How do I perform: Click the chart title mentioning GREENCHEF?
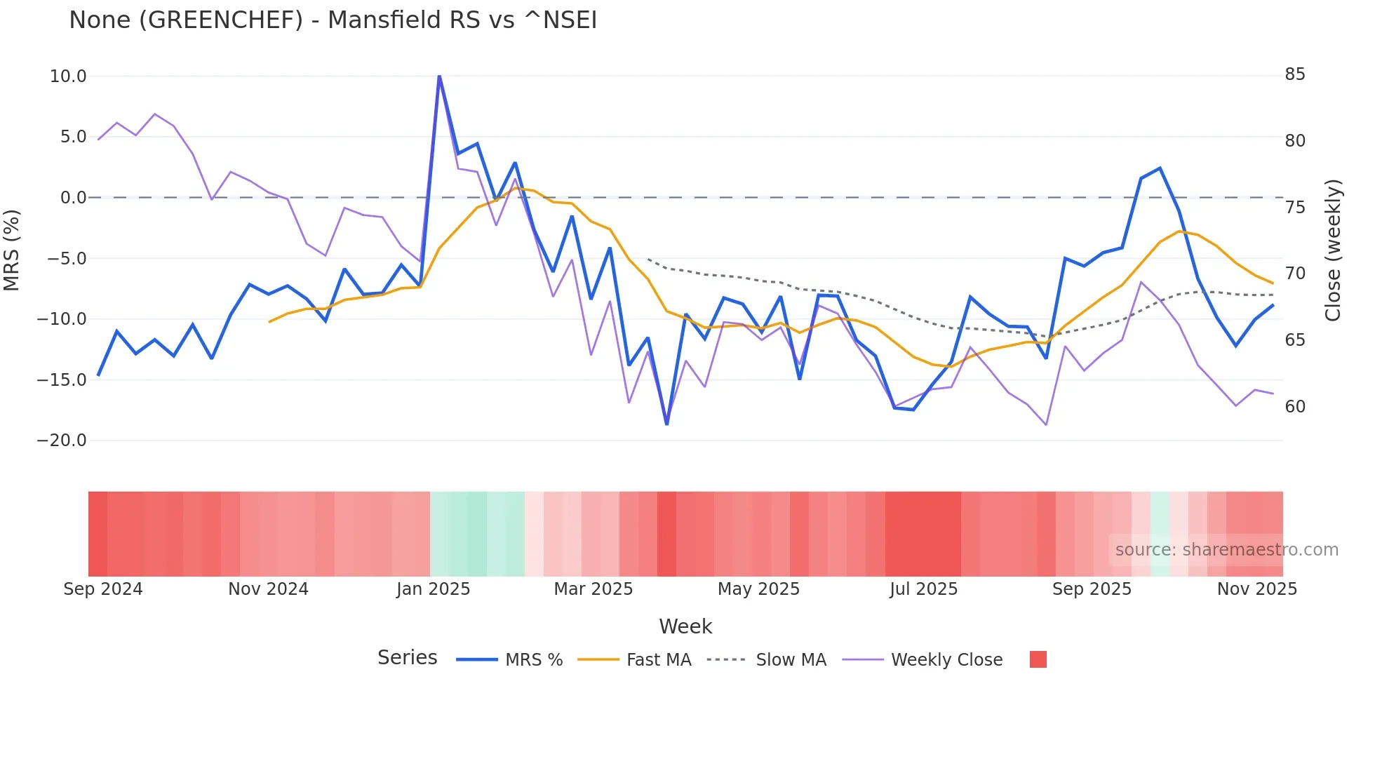(333, 20)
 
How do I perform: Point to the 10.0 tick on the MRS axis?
(68, 76)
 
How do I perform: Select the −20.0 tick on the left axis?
(62, 441)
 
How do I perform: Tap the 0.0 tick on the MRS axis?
(73, 198)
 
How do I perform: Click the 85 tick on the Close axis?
(1295, 74)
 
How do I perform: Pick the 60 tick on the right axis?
(1295, 407)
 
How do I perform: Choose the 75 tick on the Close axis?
(1295, 208)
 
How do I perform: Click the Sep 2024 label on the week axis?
(103, 589)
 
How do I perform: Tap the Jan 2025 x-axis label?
(433, 589)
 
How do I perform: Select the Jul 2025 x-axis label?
(923, 589)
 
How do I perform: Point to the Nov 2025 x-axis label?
(1256, 589)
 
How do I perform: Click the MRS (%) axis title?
(12, 250)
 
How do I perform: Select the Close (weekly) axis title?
(1333, 250)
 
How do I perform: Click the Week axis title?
(685, 626)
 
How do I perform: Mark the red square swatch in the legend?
(1038, 659)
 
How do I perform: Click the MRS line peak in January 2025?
(439, 76)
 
